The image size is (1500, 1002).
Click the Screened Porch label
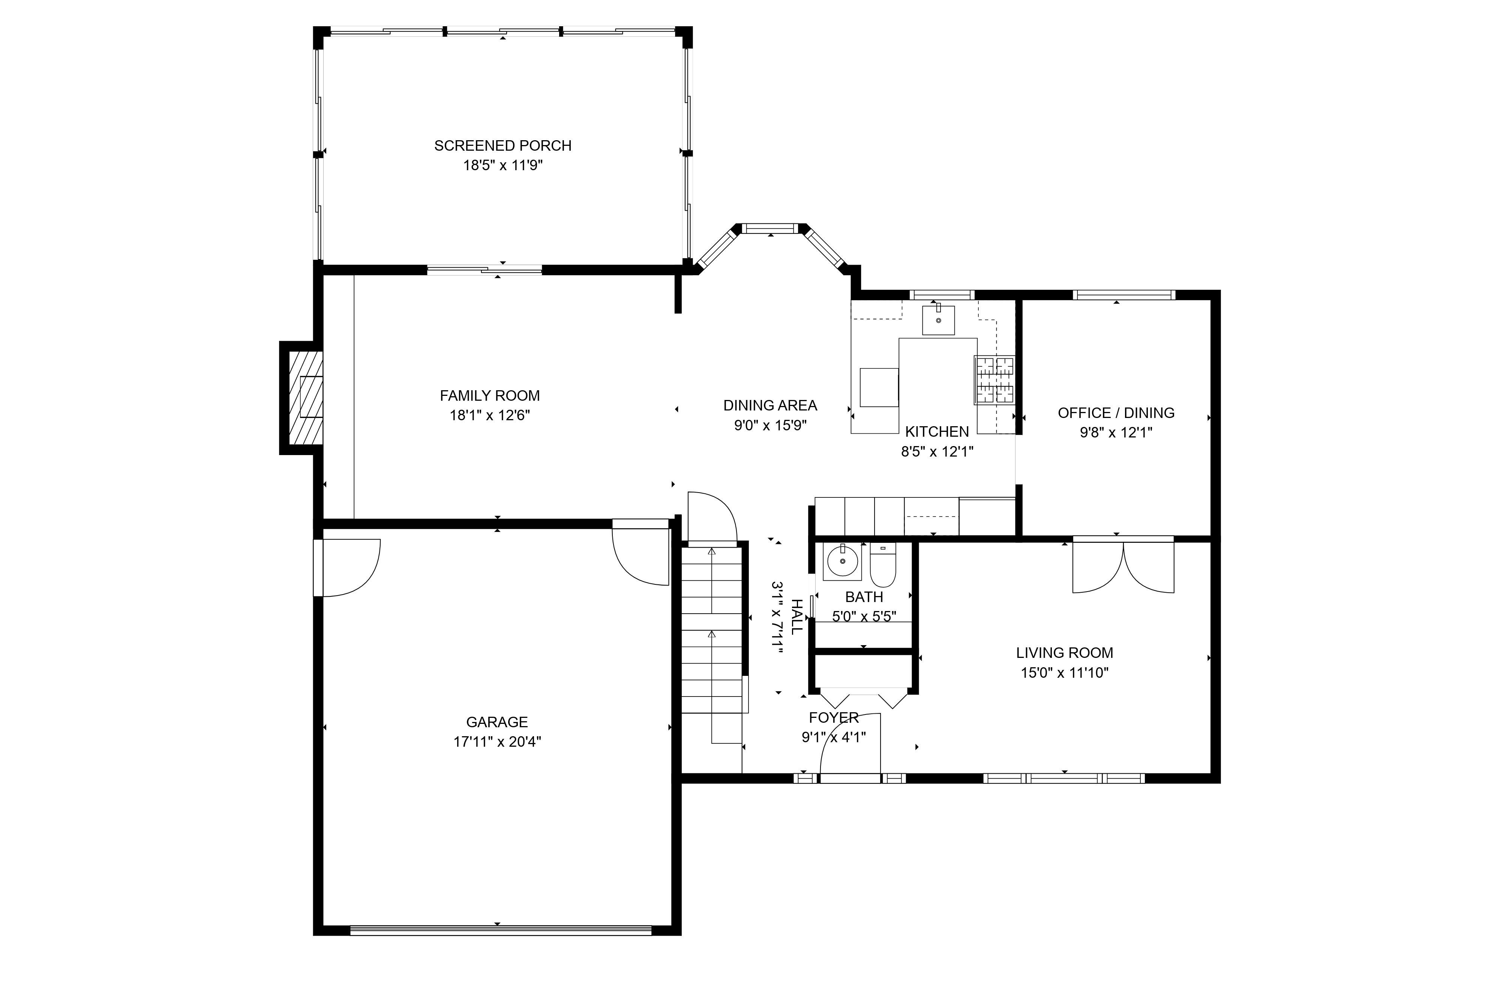click(x=502, y=146)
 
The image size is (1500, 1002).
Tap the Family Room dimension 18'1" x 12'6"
click(x=489, y=415)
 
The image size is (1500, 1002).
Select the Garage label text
click(x=496, y=722)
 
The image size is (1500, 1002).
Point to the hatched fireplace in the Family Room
click(x=306, y=397)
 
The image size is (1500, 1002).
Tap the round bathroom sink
click(x=842, y=562)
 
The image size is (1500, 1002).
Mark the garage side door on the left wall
click(x=346, y=568)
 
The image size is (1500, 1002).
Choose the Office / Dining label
click(x=1116, y=413)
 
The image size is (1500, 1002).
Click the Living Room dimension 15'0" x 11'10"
click(x=1064, y=672)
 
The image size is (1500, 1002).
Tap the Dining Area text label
click(x=770, y=405)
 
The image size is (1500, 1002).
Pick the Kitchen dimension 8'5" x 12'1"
click(x=937, y=452)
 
